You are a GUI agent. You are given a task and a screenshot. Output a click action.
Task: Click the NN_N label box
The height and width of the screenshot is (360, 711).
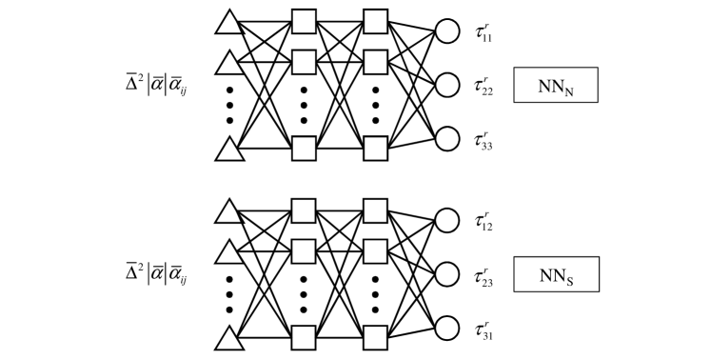point(555,86)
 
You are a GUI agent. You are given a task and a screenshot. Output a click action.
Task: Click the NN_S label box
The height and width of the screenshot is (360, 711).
point(555,275)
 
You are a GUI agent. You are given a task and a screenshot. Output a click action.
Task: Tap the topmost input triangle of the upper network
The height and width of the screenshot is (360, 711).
point(229,21)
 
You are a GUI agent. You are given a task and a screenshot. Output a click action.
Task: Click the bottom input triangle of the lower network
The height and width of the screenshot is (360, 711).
point(229,338)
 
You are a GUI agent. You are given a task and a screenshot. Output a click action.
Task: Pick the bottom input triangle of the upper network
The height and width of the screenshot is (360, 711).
point(229,150)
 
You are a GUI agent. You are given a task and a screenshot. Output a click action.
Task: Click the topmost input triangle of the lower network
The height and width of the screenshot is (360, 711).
point(229,210)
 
